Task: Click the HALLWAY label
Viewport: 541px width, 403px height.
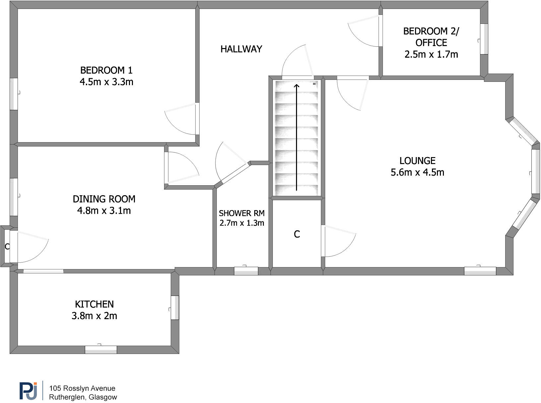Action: pyautogui.click(x=241, y=49)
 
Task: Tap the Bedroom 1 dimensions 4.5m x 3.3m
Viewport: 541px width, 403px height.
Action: pyautogui.click(x=106, y=82)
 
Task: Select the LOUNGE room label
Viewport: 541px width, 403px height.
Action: pyautogui.click(x=417, y=161)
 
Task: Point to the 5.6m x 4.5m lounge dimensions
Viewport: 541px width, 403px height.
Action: pyautogui.click(x=417, y=172)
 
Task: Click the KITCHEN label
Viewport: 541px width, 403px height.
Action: pyautogui.click(x=94, y=304)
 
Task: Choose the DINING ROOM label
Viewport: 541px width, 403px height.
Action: pyautogui.click(x=104, y=199)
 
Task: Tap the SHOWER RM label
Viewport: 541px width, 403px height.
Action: pyautogui.click(x=242, y=213)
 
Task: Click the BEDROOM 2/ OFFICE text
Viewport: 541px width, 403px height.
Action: pyautogui.click(x=431, y=37)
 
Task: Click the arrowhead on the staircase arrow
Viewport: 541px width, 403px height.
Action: pyautogui.click(x=296, y=86)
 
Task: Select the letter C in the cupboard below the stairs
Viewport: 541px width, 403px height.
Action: pyautogui.click(x=297, y=234)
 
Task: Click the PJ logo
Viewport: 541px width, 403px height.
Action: pyautogui.click(x=28, y=391)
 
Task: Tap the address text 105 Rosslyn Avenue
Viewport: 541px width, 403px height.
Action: pyautogui.click(x=82, y=388)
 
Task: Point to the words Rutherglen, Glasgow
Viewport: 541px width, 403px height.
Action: pyautogui.click(x=83, y=397)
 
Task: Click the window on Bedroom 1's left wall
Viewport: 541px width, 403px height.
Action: pyautogui.click(x=14, y=94)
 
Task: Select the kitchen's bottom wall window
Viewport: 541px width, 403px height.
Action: pyautogui.click(x=101, y=349)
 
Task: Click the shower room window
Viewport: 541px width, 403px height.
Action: pyautogui.click(x=246, y=271)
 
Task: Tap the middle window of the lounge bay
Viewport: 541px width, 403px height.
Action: pyautogui.click(x=535, y=171)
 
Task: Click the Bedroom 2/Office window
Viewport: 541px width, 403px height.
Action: pyautogui.click(x=484, y=39)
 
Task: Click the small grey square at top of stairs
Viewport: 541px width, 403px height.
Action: pyautogui.click(x=314, y=84)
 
